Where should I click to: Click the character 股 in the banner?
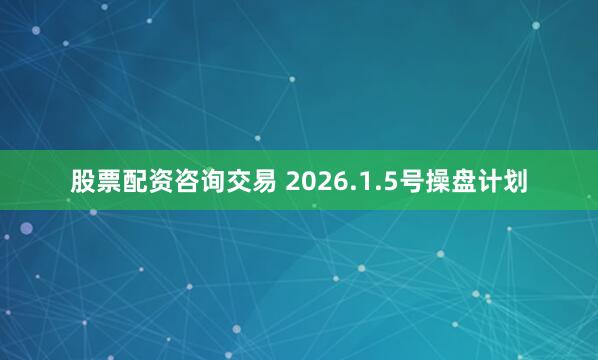[83, 181]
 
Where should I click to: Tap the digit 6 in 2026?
[338, 181]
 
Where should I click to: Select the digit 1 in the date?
[359, 181]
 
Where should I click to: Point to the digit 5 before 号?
[380, 181]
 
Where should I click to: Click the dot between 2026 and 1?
[349, 189]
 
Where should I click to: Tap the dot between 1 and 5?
[370, 189]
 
